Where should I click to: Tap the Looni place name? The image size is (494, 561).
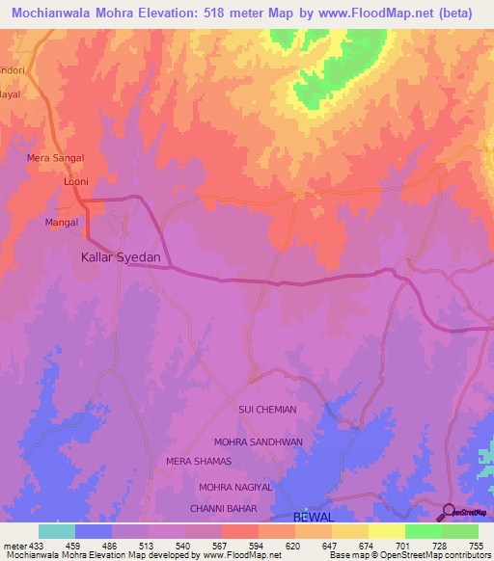point(75,181)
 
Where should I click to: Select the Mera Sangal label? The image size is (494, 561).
point(55,157)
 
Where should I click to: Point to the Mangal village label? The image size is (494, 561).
point(61,223)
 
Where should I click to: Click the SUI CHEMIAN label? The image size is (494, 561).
point(267,410)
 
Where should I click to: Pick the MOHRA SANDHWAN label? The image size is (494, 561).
point(258,441)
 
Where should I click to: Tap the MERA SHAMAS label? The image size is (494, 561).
point(198,462)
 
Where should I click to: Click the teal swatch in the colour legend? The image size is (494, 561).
point(57,531)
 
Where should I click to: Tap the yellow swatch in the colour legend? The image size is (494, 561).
point(386,531)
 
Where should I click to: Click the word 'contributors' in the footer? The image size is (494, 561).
point(465,555)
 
